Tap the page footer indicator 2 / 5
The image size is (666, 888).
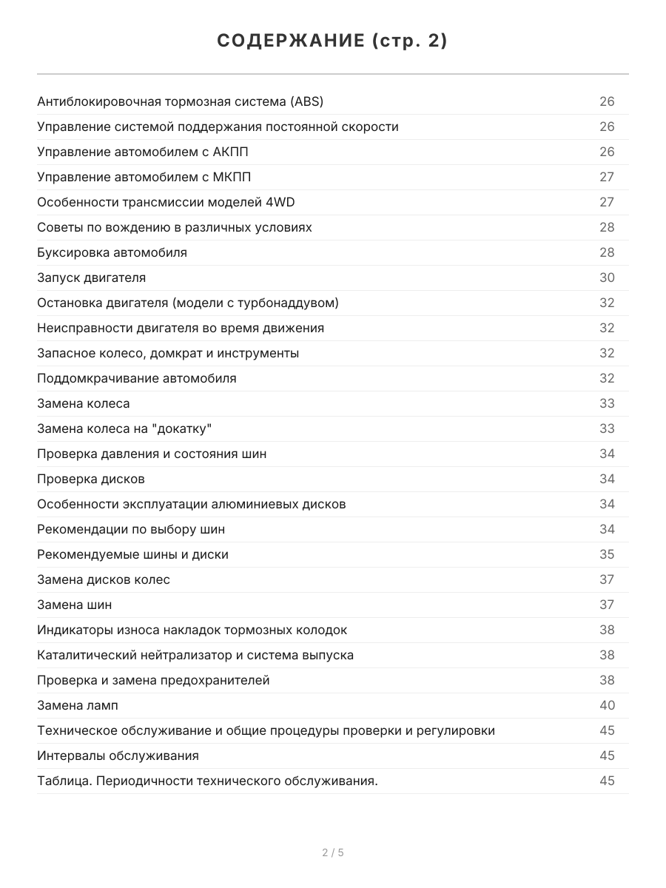click(333, 852)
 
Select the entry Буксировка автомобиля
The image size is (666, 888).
click(112, 252)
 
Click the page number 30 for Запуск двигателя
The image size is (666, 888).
click(607, 277)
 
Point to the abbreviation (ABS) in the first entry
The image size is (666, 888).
click(306, 101)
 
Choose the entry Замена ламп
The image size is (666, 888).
click(77, 705)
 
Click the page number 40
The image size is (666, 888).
click(607, 705)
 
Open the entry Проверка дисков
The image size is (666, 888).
click(91, 479)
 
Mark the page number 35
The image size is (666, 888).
click(607, 554)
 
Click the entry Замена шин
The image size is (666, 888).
click(75, 605)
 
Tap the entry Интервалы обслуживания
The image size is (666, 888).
click(118, 756)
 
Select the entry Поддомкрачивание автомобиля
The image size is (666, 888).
click(137, 378)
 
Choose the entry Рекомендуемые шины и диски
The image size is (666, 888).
click(132, 554)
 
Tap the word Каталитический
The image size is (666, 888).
click(81, 655)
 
